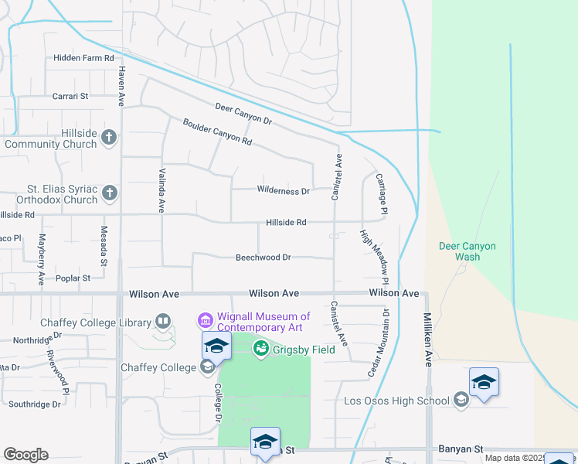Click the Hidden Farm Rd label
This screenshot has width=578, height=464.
tap(83, 58)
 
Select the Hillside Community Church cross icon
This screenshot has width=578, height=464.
tap(109, 138)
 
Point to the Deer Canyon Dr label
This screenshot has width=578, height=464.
tap(243, 115)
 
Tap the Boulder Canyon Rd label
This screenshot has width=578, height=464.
tap(217, 132)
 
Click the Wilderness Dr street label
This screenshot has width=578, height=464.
tap(283, 191)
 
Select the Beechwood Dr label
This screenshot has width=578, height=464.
tap(263, 258)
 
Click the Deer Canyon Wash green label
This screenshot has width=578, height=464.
tap(467, 251)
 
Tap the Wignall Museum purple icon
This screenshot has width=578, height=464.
tap(205, 319)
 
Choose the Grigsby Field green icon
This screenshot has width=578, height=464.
tap(261, 350)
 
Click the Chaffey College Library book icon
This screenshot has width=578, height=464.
tap(162, 321)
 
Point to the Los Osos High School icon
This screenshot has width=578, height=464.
tap(461, 400)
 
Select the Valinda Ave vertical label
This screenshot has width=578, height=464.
tap(162, 191)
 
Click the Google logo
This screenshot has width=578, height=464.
tap(25, 455)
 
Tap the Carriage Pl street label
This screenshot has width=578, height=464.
tap(381, 194)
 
